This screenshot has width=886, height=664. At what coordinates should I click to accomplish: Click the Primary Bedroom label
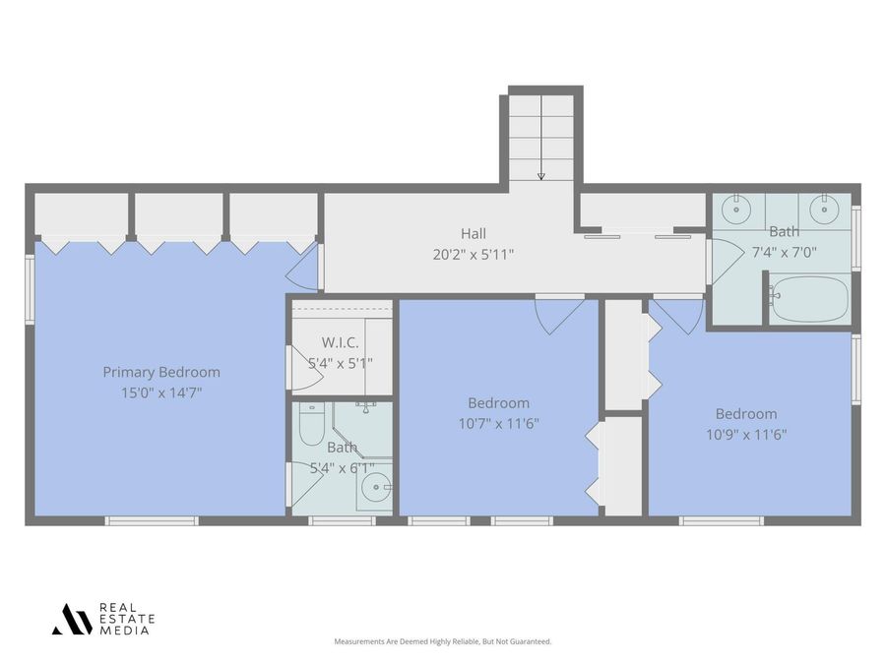click(161, 372)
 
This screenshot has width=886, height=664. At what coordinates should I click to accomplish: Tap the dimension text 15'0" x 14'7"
click(161, 392)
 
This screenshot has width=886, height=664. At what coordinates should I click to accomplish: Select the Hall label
click(473, 233)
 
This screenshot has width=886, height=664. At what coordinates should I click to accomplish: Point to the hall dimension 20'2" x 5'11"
click(473, 254)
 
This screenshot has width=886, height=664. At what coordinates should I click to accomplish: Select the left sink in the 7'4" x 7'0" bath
click(733, 208)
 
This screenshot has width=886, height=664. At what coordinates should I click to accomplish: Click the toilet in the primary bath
click(311, 426)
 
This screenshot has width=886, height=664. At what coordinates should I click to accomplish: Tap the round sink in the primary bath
click(375, 486)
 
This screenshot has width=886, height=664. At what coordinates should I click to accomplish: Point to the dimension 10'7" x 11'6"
click(498, 424)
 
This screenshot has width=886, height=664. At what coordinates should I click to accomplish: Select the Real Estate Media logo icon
click(72, 619)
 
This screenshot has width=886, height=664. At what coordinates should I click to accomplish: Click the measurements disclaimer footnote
click(443, 641)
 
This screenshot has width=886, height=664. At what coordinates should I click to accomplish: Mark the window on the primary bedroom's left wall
click(30, 287)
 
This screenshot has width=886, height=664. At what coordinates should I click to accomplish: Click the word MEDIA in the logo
click(124, 631)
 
